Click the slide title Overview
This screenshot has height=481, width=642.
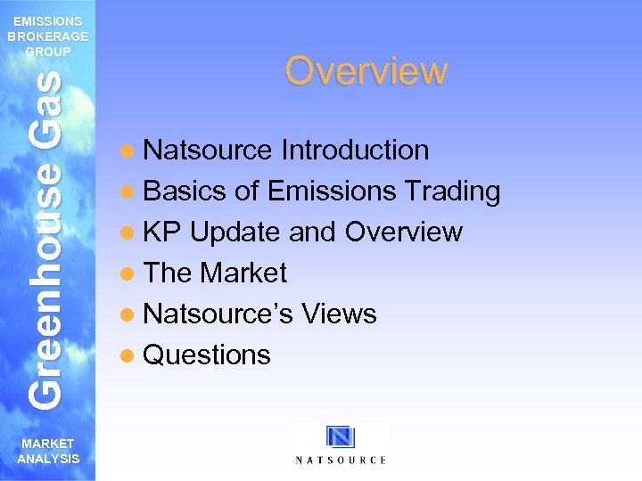click(366, 71)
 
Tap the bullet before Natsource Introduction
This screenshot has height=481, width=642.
click(130, 151)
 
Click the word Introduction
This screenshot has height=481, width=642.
click(355, 150)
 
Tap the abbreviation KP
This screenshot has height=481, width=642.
click(162, 232)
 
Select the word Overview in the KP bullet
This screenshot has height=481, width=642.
click(403, 232)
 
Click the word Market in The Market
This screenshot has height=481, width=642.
click(244, 273)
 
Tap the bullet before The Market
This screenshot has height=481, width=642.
click(130, 273)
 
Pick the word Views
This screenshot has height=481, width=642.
click(339, 314)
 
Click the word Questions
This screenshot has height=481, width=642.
click(206, 355)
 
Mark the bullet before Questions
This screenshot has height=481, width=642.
click(130, 355)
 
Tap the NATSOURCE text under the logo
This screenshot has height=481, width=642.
click(341, 460)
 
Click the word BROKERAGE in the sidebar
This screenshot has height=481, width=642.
click(47, 37)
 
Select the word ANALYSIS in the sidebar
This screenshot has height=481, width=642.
click(47, 459)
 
